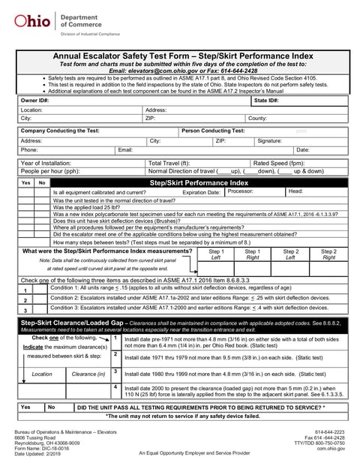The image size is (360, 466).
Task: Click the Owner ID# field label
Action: pos(34,100)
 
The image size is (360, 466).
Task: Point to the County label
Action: pos(257,119)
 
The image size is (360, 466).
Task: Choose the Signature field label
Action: pos(269,140)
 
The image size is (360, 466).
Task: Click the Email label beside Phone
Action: pos(125,150)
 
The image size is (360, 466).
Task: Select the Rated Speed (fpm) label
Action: pos(278,163)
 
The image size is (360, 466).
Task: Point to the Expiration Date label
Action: pos(202,192)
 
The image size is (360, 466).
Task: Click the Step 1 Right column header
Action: pos(253,254)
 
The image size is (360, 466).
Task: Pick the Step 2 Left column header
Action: pos(290,254)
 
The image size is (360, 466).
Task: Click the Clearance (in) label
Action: pos(88,373)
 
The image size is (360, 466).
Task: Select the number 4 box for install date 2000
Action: pos(115,387)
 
